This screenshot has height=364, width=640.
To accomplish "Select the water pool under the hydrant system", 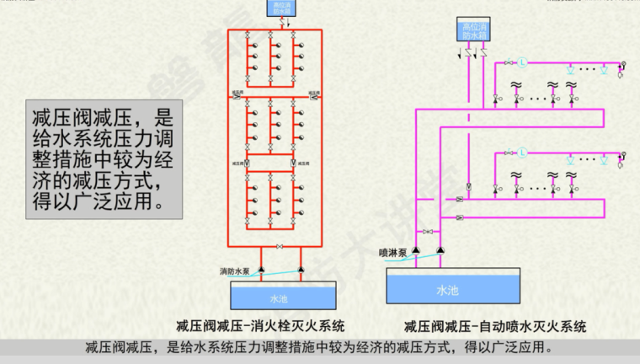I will pos(279,297).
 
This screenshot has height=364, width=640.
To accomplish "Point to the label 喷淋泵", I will pos(393,252).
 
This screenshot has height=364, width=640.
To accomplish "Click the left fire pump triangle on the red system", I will pos(260,270).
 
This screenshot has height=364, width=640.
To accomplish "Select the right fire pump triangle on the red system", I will pos(301,270).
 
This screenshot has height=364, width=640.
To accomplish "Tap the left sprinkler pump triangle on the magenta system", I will pos(419,251).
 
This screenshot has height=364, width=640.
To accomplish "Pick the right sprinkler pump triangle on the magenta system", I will pos(439,251).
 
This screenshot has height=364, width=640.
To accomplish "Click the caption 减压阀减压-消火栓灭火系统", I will pos(261,326).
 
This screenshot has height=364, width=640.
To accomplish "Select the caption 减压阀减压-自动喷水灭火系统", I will pos(494,326).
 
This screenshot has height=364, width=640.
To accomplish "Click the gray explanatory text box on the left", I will pos(103,159).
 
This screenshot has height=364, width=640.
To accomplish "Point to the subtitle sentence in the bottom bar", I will pos(319,347).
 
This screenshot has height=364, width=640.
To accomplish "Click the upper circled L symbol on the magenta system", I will pos(521,62).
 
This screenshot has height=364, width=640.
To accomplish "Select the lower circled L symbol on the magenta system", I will pos(521,153).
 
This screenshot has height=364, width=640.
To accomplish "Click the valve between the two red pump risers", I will pos(280,246).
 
